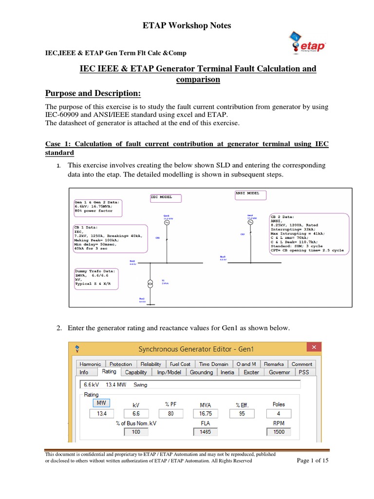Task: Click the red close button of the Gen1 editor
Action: tap(314, 347)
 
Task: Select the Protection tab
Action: tap(121, 364)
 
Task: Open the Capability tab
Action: tap(136, 372)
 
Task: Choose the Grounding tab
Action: tap(201, 372)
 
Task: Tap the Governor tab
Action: tap(279, 372)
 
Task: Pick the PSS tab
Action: tap(304, 372)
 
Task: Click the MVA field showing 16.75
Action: tap(206, 414)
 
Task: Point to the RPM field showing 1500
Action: tap(279, 432)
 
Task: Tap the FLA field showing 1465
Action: tap(206, 432)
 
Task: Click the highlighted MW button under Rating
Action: tap(101, 403)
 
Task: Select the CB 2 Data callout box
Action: tap(309, 233)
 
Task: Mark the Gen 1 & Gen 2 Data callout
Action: tap(97, 208)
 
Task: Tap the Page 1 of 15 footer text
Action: tap(313, 461)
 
